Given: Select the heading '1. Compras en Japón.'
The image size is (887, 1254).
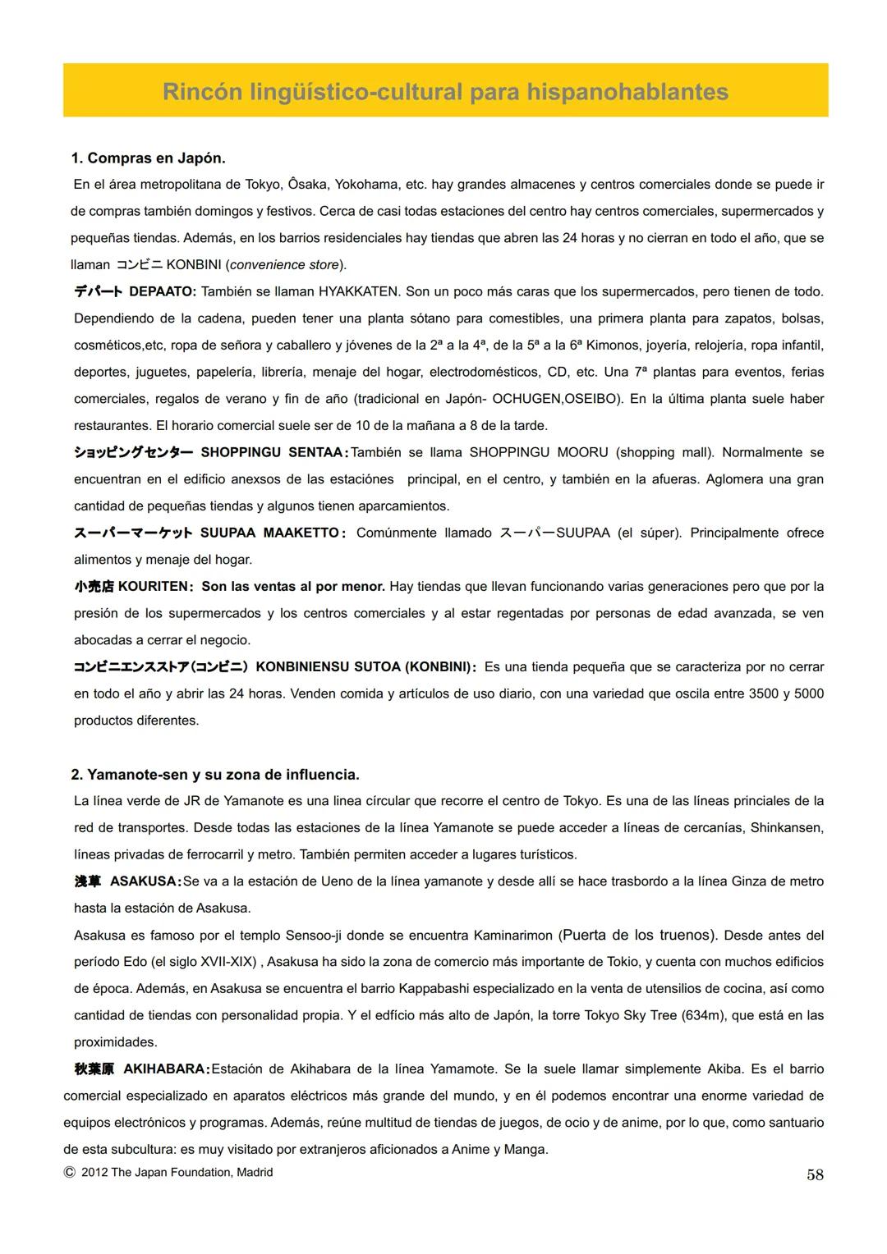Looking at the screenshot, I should coord(148,158).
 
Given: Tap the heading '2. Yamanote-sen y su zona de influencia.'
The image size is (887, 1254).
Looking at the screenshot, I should coord(215,774).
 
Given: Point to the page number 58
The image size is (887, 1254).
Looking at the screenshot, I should coord(814,1174).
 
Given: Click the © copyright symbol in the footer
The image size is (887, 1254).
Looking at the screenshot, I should coord(70,1173).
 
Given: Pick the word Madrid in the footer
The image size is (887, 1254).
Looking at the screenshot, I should coord(255,1173).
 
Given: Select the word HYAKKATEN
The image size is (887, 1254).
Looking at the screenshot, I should coord(358,291).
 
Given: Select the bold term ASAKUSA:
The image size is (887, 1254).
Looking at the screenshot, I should coord(145,881).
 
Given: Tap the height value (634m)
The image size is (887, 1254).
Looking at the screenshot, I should coord(703,1015).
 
